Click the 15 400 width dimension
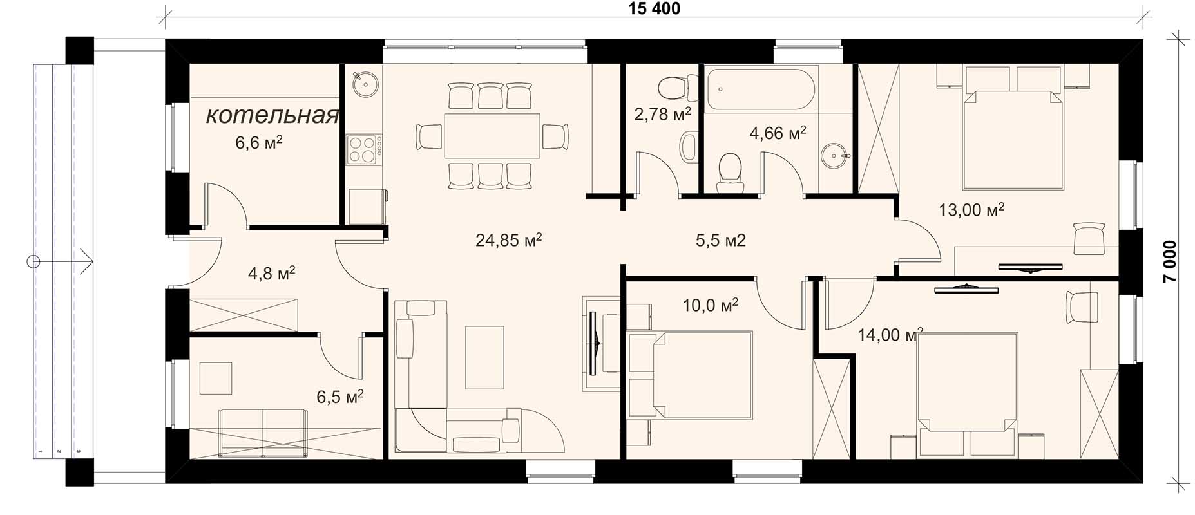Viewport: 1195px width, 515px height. point(653,8)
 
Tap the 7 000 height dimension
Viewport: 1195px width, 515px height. point(1170,261)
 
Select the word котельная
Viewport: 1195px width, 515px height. point(272,116)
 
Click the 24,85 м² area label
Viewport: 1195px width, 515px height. point(508,240)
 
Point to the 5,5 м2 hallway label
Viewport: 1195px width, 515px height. point(720,240)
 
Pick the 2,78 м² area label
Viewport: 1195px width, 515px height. point(662,115)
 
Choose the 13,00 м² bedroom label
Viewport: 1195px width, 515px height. point(971,210)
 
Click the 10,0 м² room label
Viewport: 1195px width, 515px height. point(710,304)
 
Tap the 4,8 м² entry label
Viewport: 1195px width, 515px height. point(271,273)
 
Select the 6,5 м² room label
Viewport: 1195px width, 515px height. point(339,396)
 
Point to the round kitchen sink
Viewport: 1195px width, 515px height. point(366,83)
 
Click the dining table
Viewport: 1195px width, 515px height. point(492,135)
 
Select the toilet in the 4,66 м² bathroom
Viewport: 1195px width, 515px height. point(730,173)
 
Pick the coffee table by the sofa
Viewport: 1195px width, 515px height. point(484,357)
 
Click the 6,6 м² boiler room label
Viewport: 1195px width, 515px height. point(258,143)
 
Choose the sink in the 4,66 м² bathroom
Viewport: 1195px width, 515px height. point(836,156)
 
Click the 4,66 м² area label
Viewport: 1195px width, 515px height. point(778,133)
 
